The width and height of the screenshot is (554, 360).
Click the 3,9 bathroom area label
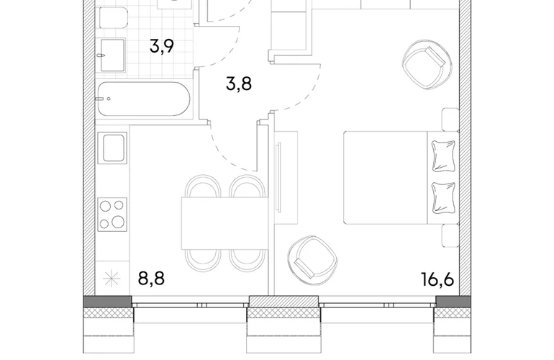point(162,46)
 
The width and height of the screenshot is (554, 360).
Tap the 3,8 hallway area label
point(239,84)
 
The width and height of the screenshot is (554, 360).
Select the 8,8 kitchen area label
point(151,278)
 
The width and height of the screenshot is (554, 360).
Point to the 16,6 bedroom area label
point(437,279)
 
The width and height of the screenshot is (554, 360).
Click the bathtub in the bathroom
point(144,99)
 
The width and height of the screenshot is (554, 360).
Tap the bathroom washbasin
point(112,55)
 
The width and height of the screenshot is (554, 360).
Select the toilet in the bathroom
point(113,19)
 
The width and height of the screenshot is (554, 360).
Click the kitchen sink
point(112,148)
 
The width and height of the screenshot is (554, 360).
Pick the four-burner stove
point(112,215)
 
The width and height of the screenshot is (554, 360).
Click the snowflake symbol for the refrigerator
point(112,279)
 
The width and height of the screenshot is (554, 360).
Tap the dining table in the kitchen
point(224,223)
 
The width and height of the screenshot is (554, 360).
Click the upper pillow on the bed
point(443,156)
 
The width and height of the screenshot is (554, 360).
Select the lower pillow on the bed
point(443,198)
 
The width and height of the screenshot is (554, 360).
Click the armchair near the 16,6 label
point(313,261)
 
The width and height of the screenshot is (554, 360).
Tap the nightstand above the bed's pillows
point(450,120)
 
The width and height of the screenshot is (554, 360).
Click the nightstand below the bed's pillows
point(450,235)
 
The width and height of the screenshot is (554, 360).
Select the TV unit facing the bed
point(286,178)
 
